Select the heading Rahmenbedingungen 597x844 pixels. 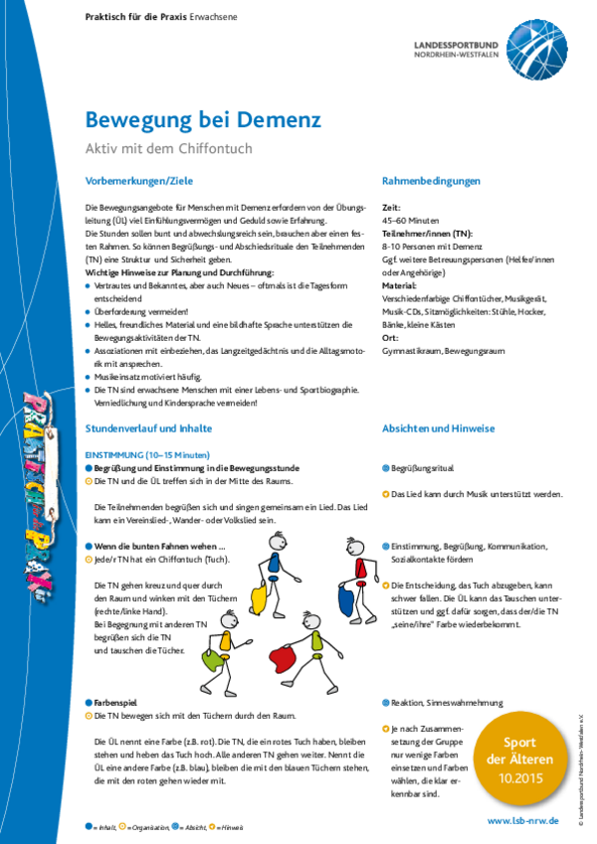[431, 181]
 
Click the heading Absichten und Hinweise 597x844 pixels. [438, 428]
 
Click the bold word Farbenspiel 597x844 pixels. [118, 701]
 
